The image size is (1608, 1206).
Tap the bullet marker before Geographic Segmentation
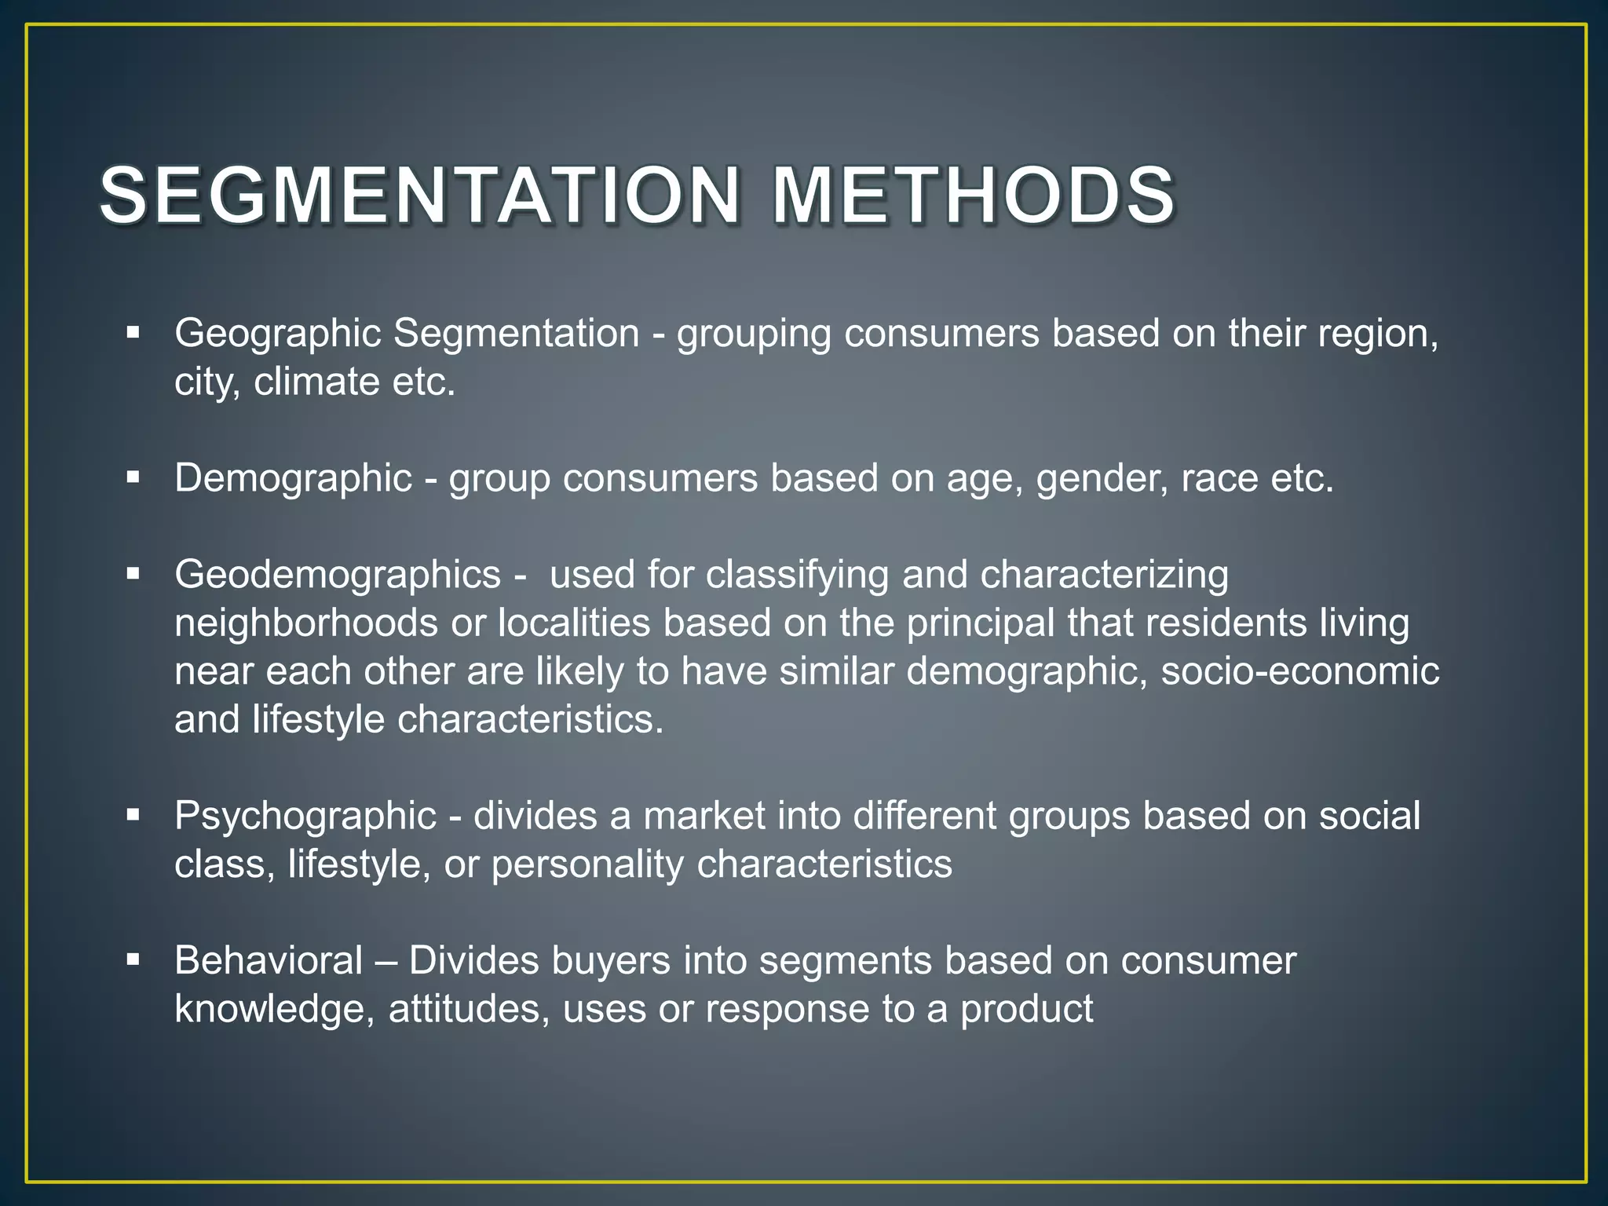tap(133, 333)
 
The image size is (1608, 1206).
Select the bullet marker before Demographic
tap(133, 477)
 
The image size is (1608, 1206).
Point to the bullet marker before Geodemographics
tap(133, 574)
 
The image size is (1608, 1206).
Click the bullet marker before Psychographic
tap(133, 815)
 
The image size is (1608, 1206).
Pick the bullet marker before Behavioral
tap(133, 959)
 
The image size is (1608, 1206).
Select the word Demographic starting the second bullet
tap(293, 479)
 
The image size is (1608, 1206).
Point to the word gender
tap(1097, 479)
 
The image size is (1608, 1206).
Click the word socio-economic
tap(1300, 671)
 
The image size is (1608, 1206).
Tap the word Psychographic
tap(305, 817)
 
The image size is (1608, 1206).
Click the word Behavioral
tap(269, 960)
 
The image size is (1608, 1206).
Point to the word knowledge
tap(274, 1010)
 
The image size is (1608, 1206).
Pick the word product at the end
tap(1026, 1010)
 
